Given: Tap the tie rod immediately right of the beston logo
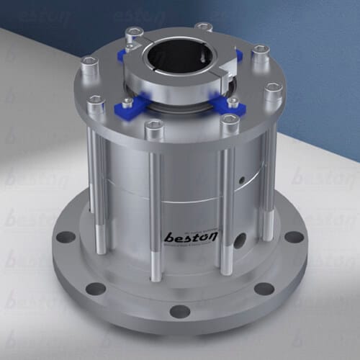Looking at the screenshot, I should point(225,209).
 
